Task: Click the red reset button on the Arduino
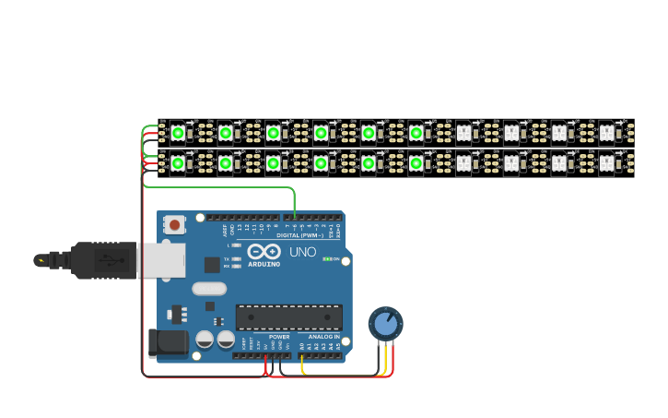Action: pos(174,224)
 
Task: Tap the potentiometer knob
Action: pos(385,324)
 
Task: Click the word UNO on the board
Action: pos(303,252)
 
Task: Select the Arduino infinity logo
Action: pos(264,251)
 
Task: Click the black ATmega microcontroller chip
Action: pos(288,316)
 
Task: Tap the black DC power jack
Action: pos(167,342)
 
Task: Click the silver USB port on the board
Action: pos(160,260)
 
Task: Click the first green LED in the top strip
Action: pos(178,133)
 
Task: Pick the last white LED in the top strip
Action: pos(606,133)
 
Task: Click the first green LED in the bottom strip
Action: pos(178,163)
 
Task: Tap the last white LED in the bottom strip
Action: pos(606,163)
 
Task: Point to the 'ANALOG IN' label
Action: pos(322,338)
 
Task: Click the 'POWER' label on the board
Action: pos(279,338)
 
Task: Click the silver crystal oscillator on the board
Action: pos(209,288)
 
